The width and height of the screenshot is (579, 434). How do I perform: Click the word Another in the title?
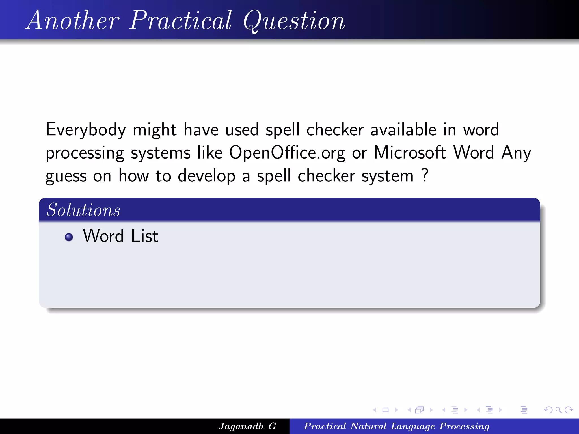(73, 20)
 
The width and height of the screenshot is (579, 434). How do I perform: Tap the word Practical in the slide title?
(181, 20)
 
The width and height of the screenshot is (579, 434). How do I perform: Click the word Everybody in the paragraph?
(86, 130)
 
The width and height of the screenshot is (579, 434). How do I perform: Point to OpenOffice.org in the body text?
(287, 153)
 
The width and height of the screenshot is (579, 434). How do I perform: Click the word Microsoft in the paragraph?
(410, 153)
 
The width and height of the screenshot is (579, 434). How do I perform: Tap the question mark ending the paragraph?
(425, 175)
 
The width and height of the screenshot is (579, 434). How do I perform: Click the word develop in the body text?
(206, 176)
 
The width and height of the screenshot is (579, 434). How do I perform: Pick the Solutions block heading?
(83, 210)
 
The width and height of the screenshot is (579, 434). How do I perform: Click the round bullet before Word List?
(69, 237)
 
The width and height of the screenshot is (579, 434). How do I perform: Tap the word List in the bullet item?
(144, 236)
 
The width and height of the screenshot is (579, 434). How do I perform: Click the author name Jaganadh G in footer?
(247, 426)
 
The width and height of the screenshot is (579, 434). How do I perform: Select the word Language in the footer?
(413, 426)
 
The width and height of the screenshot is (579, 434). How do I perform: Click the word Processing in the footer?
(464, 426)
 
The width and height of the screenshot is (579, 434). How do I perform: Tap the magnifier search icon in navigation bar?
(558, 410)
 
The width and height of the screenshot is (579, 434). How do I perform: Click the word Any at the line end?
(516, 153)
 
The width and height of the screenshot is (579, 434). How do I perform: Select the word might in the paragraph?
(155, 130)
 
